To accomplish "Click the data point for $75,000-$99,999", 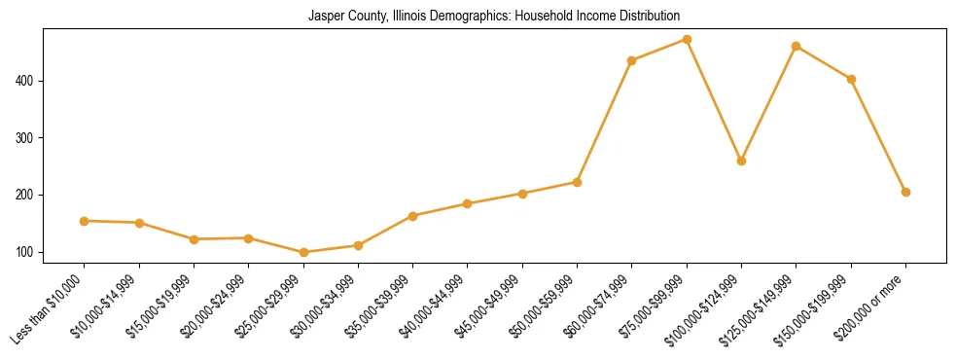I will [x=687, y=40].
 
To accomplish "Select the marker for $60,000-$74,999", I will [x=632, y=60].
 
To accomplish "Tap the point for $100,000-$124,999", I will [x=742, y=161].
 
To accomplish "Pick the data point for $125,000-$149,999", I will [x=797, y=46].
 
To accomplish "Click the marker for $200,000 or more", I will [x=905, y=192].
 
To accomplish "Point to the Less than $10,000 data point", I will [x=85, y=221].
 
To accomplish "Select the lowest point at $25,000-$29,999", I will [x=303, y=252].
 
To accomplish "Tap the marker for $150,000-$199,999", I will [x=851, y=79].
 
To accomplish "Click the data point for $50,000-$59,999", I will [x=578, y=182].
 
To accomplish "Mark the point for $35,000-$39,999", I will [x=413, y=216].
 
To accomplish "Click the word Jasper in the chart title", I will [x=325, y=17].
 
